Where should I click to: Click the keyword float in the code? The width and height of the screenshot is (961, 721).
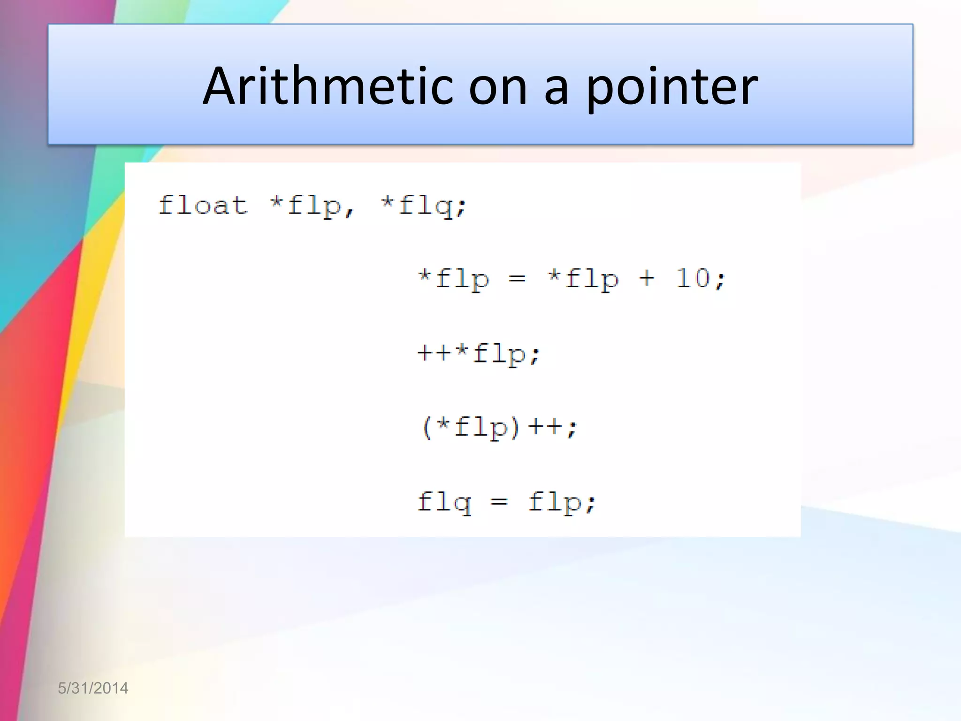[x=203, y=206]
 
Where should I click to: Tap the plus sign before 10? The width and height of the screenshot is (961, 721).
[x=647, y=278]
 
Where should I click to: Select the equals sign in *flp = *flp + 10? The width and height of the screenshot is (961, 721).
[x=517, y=279]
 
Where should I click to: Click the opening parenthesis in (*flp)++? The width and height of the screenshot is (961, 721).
[x=427, y=428]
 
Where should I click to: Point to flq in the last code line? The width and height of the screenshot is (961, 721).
[x=444, y=502]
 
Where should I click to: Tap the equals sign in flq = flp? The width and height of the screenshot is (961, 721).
[x=499, y=502]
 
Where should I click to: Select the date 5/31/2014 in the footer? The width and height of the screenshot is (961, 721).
[x=93, y=688]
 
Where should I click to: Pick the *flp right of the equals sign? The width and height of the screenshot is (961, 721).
[x=583, y=279]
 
